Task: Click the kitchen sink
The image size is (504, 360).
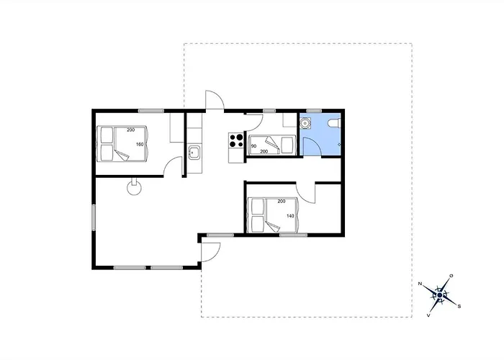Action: click(194, 153)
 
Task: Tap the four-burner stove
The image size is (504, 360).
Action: click(236, 140)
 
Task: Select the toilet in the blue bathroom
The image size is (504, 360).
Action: click(334, 123)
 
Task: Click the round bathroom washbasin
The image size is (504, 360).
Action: click(305, 123)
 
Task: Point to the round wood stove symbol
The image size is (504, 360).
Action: click(134, 187)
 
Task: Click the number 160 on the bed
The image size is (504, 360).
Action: click(140, 145)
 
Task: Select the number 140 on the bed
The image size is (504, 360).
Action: click(290, 216)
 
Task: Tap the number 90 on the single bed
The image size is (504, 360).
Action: click(253, 146)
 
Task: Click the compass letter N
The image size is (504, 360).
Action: click(420, 284)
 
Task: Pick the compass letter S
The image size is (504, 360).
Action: click(459, 306)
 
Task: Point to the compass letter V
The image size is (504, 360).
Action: click(428, 315)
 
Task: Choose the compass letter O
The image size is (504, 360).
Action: click(451, 276)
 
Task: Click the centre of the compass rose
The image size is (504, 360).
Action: click(440, 294)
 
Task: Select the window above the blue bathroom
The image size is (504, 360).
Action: click(314, 111)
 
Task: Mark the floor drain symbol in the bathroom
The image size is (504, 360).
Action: click(339, 145)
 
